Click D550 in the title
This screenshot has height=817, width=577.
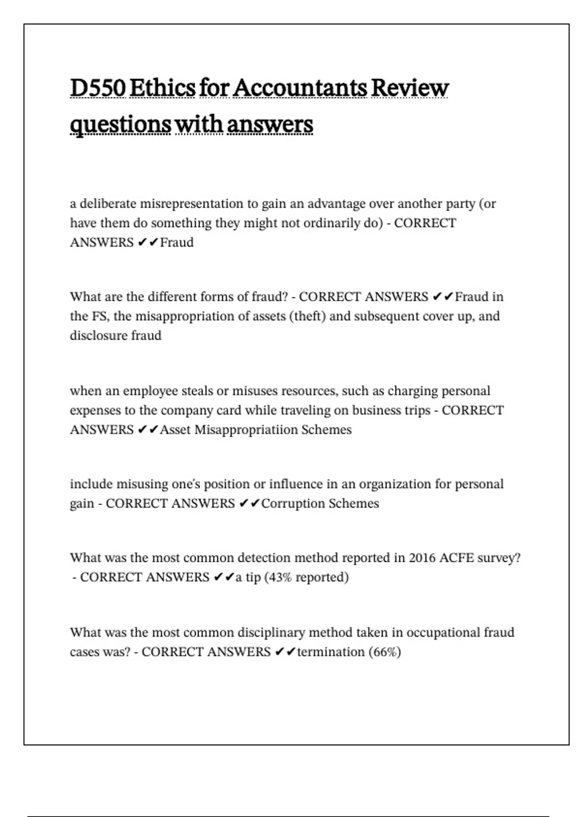point(98,88)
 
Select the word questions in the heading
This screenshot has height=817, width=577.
point(120,124)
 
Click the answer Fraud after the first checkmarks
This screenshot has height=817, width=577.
point(176,242)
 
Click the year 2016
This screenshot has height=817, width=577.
point(422,558)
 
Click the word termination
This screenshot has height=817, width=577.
point(331,652)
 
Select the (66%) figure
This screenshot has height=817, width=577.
point(385,652)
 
